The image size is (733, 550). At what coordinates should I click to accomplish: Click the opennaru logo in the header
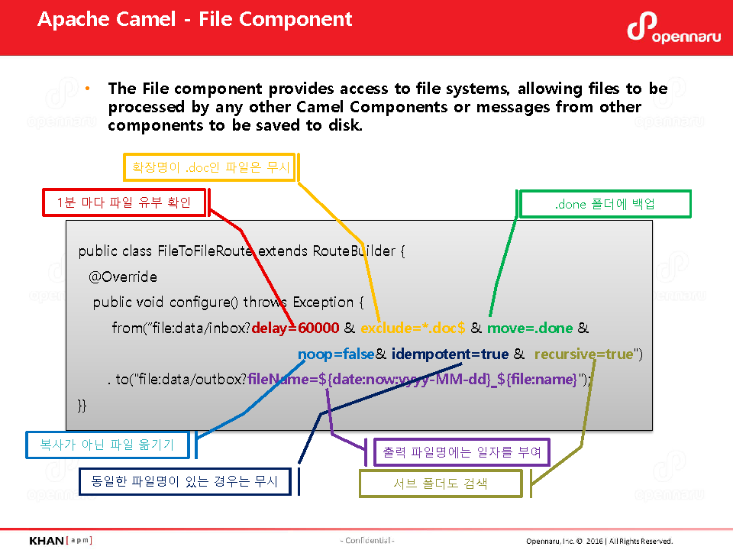click(x=673, y=28)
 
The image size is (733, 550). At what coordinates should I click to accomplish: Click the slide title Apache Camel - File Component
click(x=195, y=19)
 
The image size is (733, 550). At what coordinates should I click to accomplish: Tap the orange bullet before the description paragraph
click(x=87, y=89)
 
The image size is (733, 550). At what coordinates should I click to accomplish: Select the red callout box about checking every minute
click(x=124, y=202)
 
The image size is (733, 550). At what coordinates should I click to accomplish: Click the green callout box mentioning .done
click(x=605, y=204)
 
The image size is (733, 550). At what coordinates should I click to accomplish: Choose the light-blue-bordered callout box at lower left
click(x=108, y=445)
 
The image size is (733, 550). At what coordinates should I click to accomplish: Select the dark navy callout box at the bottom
click(x=185, y=481)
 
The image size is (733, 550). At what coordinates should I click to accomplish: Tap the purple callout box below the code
click(x=461, y=452)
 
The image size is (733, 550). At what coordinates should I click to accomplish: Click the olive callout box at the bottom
click(x=441, y=484)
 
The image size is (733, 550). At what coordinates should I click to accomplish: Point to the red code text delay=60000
click(x=295, y=328)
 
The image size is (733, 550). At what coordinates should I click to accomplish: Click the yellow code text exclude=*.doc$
click(x=413, y=328)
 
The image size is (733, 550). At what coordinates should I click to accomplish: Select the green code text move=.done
click(x=530, y=328)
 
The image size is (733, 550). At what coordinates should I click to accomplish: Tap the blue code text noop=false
click(x=336, y=354)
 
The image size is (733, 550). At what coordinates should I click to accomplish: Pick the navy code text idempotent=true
click(x=450, y=354)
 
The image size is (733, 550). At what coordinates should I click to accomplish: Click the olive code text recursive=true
click(x=584, y=354)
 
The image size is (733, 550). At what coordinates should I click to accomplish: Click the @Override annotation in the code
click(x=123, y=277)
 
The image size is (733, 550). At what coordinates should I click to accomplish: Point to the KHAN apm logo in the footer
click(x=60, y=541)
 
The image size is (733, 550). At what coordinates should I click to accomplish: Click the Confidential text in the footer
click(x=367, y=541)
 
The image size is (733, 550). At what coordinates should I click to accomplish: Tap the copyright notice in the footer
click(x=599, y=541)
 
